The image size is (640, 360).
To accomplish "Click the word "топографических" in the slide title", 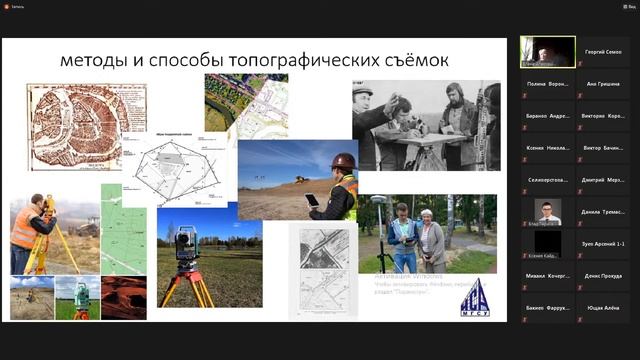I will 300,62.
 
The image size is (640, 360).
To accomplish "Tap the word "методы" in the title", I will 96,62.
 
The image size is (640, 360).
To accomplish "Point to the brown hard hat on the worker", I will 343,161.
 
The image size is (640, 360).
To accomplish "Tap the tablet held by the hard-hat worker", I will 312,200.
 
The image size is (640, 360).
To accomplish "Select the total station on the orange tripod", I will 186,244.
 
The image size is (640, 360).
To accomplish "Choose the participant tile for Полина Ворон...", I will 547,84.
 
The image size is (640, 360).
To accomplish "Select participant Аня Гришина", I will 605,84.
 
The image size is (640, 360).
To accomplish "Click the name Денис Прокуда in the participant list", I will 605,275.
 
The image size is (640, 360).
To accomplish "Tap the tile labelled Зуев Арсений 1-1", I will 605,243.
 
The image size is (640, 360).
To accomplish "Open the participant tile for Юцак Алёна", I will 605,307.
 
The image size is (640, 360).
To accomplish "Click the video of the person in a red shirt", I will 547,211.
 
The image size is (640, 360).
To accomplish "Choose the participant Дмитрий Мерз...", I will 605,179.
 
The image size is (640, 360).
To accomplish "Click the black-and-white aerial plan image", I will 322,270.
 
